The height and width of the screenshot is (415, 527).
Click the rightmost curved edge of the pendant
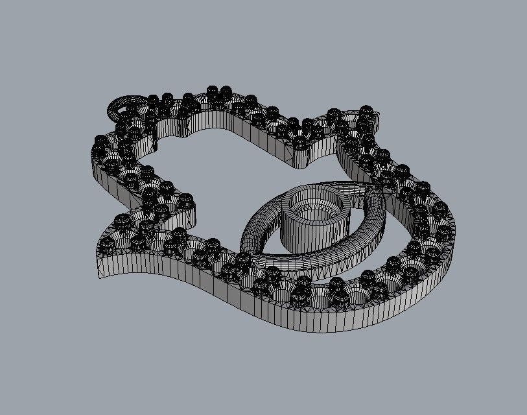(x=454, y=246)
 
